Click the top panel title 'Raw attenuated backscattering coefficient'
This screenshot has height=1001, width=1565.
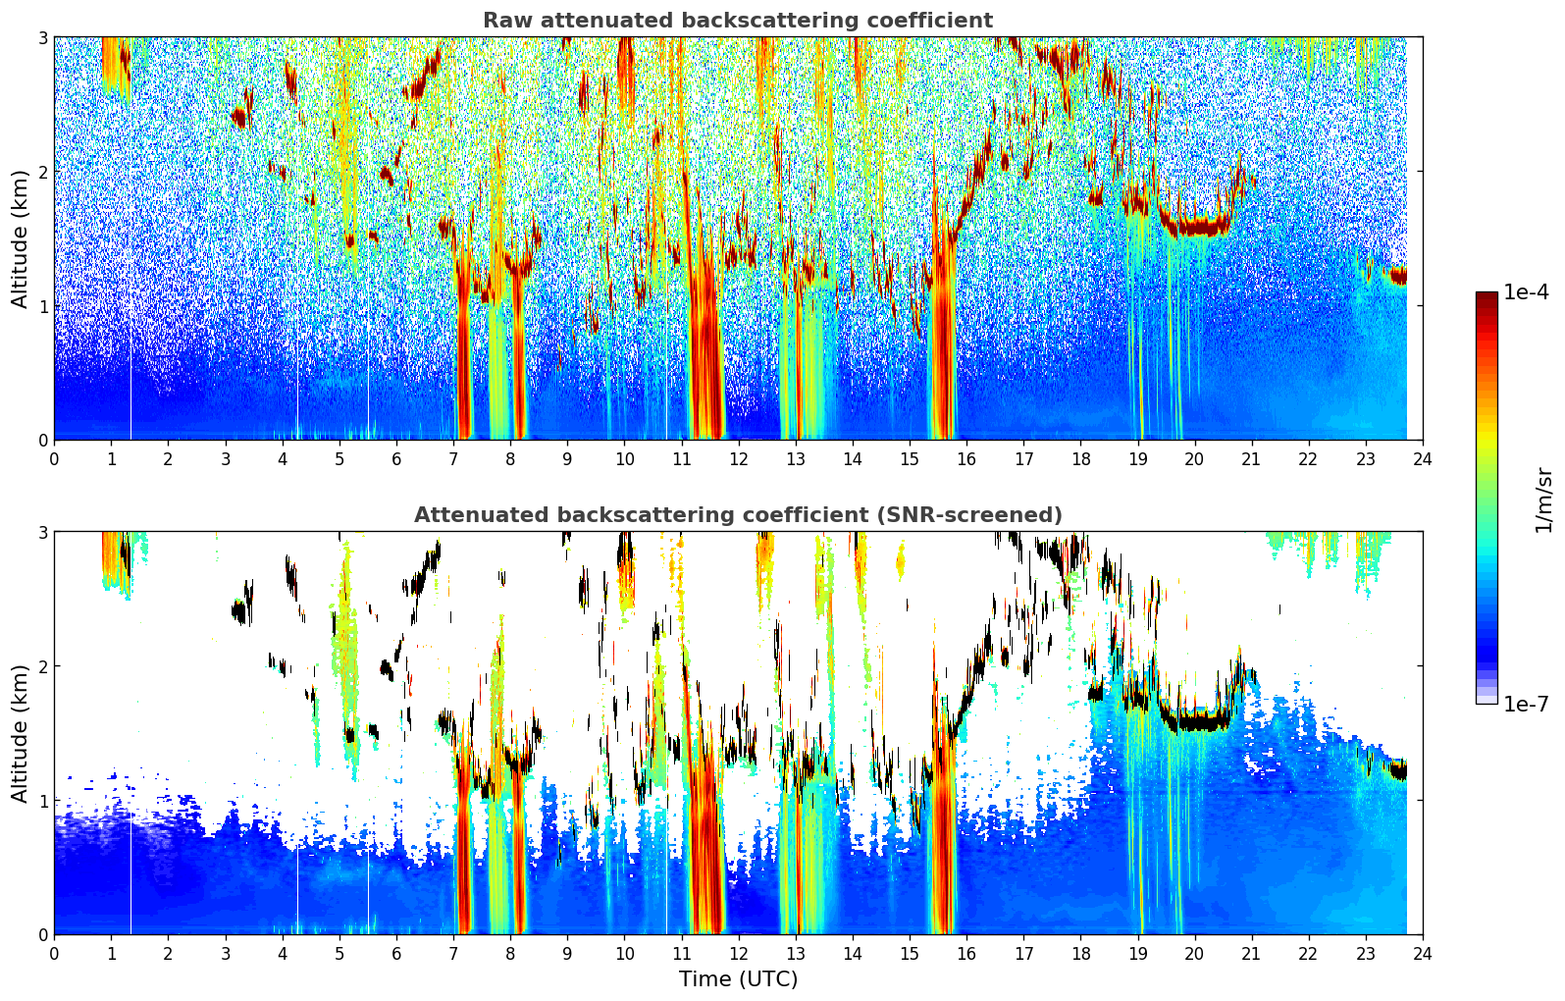coord(738,21)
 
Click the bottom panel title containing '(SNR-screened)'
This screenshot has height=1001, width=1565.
coord(738,514)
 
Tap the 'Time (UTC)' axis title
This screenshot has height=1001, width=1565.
coord(738,978)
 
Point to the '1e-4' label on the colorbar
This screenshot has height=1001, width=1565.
coord(1527,292)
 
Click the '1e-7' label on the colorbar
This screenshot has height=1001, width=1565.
coord(1527,704)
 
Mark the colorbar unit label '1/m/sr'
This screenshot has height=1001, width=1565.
coord(1543,501)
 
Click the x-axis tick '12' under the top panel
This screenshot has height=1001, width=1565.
coord(739,459)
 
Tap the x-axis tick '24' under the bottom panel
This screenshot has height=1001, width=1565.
coord(1423,954)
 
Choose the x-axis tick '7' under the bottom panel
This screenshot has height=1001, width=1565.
coord(453,954)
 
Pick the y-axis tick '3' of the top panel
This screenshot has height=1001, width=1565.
coord(42,37)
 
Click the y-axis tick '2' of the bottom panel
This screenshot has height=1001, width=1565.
coord(42,666)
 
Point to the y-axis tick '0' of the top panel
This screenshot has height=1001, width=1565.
coord(42,441)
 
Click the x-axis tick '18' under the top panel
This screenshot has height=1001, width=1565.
coord(1081,459)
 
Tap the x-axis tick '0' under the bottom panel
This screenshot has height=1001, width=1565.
coord(55,954)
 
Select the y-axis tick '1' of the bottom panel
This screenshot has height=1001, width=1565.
coord(42,801)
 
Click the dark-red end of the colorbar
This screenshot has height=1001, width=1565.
coord(1487,296)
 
